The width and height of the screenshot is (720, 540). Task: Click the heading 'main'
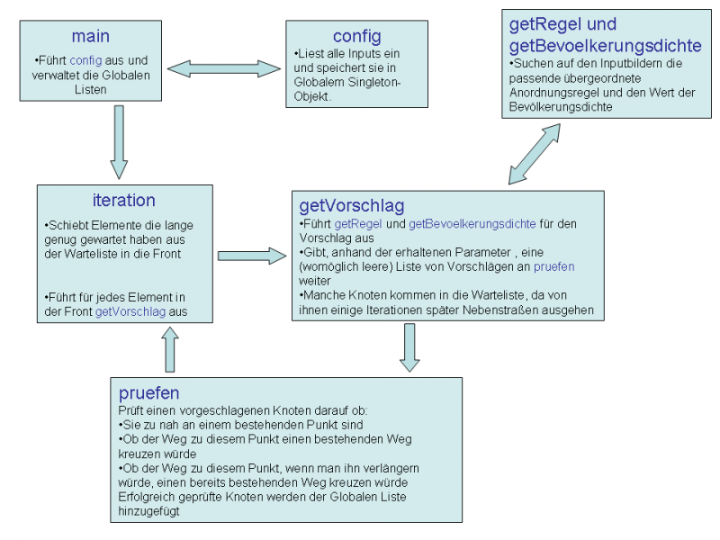(91, 36)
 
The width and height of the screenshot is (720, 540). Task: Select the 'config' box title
(356, 36)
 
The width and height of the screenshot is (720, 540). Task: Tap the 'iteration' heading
(124, 200)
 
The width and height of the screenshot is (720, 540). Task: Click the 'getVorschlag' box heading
(352, 205)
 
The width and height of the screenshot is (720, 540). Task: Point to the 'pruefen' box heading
(148, 393)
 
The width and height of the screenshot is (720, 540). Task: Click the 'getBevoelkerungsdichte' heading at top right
(605, 46)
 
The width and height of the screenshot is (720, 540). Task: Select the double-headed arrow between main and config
(223, 69)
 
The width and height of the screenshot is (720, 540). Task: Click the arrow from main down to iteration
(119, 142)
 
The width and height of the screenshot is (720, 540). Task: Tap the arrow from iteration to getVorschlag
(252, 256)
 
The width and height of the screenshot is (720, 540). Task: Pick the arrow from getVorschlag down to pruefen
(409, 347)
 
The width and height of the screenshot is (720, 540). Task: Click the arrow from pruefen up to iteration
(170, 349)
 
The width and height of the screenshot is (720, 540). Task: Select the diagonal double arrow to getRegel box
(535, 154)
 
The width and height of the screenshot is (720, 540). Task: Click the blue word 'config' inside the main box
(85, 60)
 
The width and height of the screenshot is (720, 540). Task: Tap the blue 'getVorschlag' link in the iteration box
(130, 311)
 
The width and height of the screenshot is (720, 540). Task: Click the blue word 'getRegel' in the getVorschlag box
(357, 224)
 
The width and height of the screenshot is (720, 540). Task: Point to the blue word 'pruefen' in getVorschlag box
(553, 266)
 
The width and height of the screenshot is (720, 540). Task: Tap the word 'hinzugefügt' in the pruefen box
(148, 511)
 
